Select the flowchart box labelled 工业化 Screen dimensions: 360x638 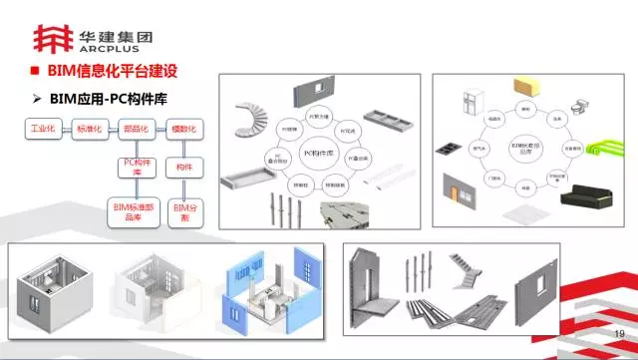(43, 131)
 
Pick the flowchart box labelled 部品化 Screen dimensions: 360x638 (136, 131)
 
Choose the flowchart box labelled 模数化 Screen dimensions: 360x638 (182, 131)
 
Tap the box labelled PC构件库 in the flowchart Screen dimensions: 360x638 (136, 167)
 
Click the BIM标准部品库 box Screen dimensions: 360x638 (136, 211)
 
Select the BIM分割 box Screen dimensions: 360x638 (182, 211)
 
